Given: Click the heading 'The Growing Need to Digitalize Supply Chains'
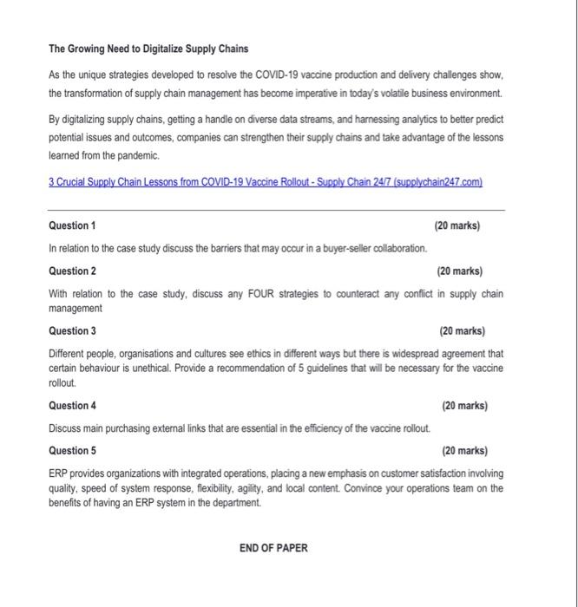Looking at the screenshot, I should pyautogui.click(x=148, y=48).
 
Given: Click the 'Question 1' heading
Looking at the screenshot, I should pyautogui.click(x=72, y=225).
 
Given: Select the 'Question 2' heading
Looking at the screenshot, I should pyautogui.click(x=72, y=271).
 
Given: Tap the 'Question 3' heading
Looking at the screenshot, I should pyautogui.click(x=72, y=330).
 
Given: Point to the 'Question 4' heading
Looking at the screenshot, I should pyautogui.click(x=72, y=405).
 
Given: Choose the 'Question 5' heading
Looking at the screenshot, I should pyautogui.click(x=72, y=450).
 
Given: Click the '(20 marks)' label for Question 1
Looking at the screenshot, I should pyautogui.click(x=456, y=225).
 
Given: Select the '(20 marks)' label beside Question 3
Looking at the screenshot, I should pyautogui.click(x=462, y=330).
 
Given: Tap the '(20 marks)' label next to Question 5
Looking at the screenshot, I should pyautogui.click(x=464, y=450).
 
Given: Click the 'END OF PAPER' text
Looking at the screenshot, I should pyautogui.click(x=273, y=547).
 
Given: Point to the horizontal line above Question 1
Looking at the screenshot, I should pyautogui.click(x=276, y=209).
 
